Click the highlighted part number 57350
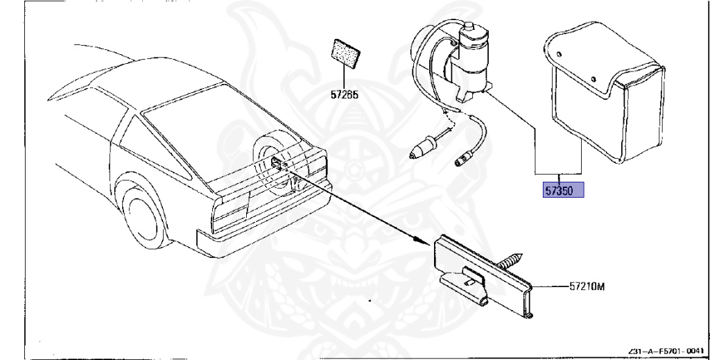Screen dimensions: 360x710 point(562,189)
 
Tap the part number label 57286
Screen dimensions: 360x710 point(344,96)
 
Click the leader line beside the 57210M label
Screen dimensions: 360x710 point(551,286)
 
